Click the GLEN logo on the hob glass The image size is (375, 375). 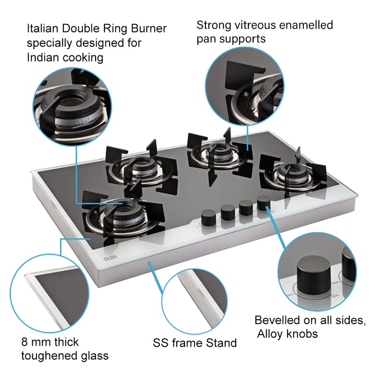(x=107, y=257)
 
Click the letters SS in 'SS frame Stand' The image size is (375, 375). (x=161, y=343)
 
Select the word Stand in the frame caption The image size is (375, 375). (x=221, y=343)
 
